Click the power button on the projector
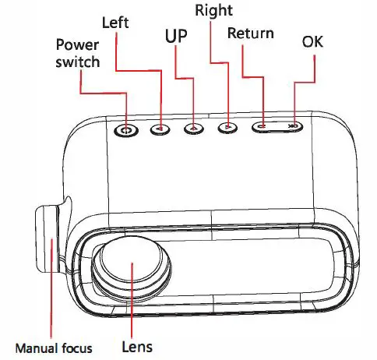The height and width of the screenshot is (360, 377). click(127, 129)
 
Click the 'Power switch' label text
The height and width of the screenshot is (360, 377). click(77, 53)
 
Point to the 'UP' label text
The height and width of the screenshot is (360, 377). click(177, 37)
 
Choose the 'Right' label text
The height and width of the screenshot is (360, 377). click(213, 10)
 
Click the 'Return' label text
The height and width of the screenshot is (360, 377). click(250, 34)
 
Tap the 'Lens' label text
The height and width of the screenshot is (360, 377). click(136, 346)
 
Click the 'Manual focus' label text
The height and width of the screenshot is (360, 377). click(52, 346)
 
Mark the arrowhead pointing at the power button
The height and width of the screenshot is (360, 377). click(126, 118)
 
